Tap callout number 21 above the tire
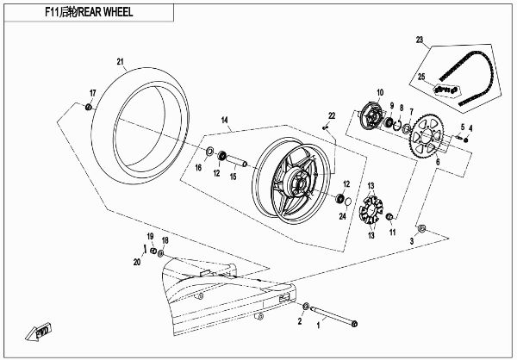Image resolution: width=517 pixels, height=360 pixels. [121, 61]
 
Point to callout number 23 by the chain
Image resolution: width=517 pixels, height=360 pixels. [420, 40]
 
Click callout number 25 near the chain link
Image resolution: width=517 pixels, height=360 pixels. [422, 78]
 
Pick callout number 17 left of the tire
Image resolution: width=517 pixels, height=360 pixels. [92, 92]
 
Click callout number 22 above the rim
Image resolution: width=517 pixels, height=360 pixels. [331, 115]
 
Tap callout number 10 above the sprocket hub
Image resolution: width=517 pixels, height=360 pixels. [378, 92]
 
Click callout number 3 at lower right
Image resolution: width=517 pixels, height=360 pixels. [411, 243]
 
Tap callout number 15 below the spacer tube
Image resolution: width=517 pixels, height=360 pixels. [233, 176]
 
